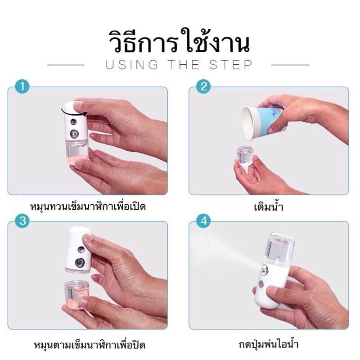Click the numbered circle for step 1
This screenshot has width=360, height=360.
pyautogui.click(x=22, y=86)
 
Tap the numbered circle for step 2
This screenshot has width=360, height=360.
pyautogui.click(x=204, y=86)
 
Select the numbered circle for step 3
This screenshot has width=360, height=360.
pyautogui.click(x=22, y=221)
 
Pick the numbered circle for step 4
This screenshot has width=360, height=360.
pyautogui.click(x=204, y=221)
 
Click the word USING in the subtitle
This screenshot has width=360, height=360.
pyautogui.click(x=132, y=65)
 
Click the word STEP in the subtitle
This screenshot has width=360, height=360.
pyautogui.click(x=231, y=65)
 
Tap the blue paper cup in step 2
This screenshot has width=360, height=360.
pyautogui.click(x=264, y=123)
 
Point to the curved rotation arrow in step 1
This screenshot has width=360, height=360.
pyautogui.click(x=74, y=113)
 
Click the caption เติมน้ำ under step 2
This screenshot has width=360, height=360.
pyautogui.click(x=269, y=207)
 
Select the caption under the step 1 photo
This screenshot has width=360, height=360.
pyautogui.click(x=88, y=207)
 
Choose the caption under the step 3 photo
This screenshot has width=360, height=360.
pyautogui.click(x=90, y=345)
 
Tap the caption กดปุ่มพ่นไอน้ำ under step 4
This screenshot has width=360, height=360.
pyautogui.click(x=269, y=344)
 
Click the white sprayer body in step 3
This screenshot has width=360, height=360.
pyautogui.click(x=78, y=250)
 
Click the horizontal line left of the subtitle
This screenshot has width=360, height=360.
pyautogui.click(x=66, y=65)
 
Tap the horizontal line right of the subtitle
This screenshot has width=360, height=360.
pyautogui.click(x=290, y=65)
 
